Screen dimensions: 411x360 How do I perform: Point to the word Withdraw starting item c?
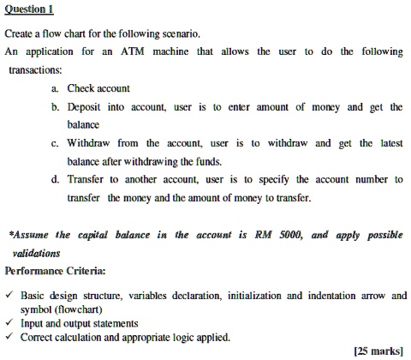(x=95, y=143)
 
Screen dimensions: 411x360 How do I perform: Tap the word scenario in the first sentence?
(x=178, y=34)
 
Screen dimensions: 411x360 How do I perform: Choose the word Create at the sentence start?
(x=20, y=34)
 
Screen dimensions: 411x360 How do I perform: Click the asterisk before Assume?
(x=9, y=232)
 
